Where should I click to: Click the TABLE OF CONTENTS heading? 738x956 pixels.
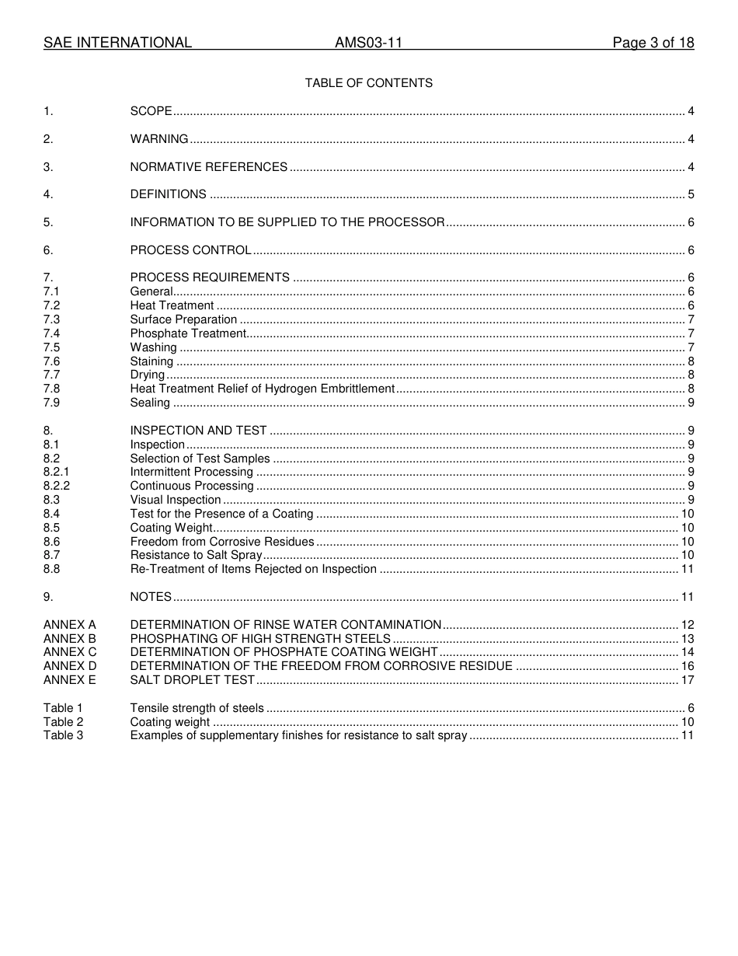point(368,83)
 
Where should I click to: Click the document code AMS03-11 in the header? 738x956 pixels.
point(368,43)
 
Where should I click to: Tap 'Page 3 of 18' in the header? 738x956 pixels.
point(653,43)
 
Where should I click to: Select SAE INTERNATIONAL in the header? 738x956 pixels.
point(117,43)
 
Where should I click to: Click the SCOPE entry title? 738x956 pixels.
point(151,111)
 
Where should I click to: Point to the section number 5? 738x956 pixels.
point(48,222)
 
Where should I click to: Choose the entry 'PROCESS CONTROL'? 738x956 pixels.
point(190,250)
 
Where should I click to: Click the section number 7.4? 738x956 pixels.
point(52,333)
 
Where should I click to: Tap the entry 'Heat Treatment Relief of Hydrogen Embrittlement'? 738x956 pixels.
point(263,389)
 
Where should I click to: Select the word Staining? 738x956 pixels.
point(151,361)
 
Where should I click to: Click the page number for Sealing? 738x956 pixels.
point(691,403)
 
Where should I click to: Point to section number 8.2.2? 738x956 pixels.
point(57,486)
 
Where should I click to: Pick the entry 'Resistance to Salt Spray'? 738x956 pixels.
point(196,555)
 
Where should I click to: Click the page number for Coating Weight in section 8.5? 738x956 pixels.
point(688,528)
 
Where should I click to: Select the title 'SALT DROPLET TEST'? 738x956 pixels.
point(192,680)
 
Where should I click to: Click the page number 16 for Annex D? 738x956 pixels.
point(688,666)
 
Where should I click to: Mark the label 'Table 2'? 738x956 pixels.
point(63,722)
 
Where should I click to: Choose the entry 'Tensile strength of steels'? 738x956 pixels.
point(197,708)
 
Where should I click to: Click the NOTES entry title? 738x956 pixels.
point(151,597)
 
